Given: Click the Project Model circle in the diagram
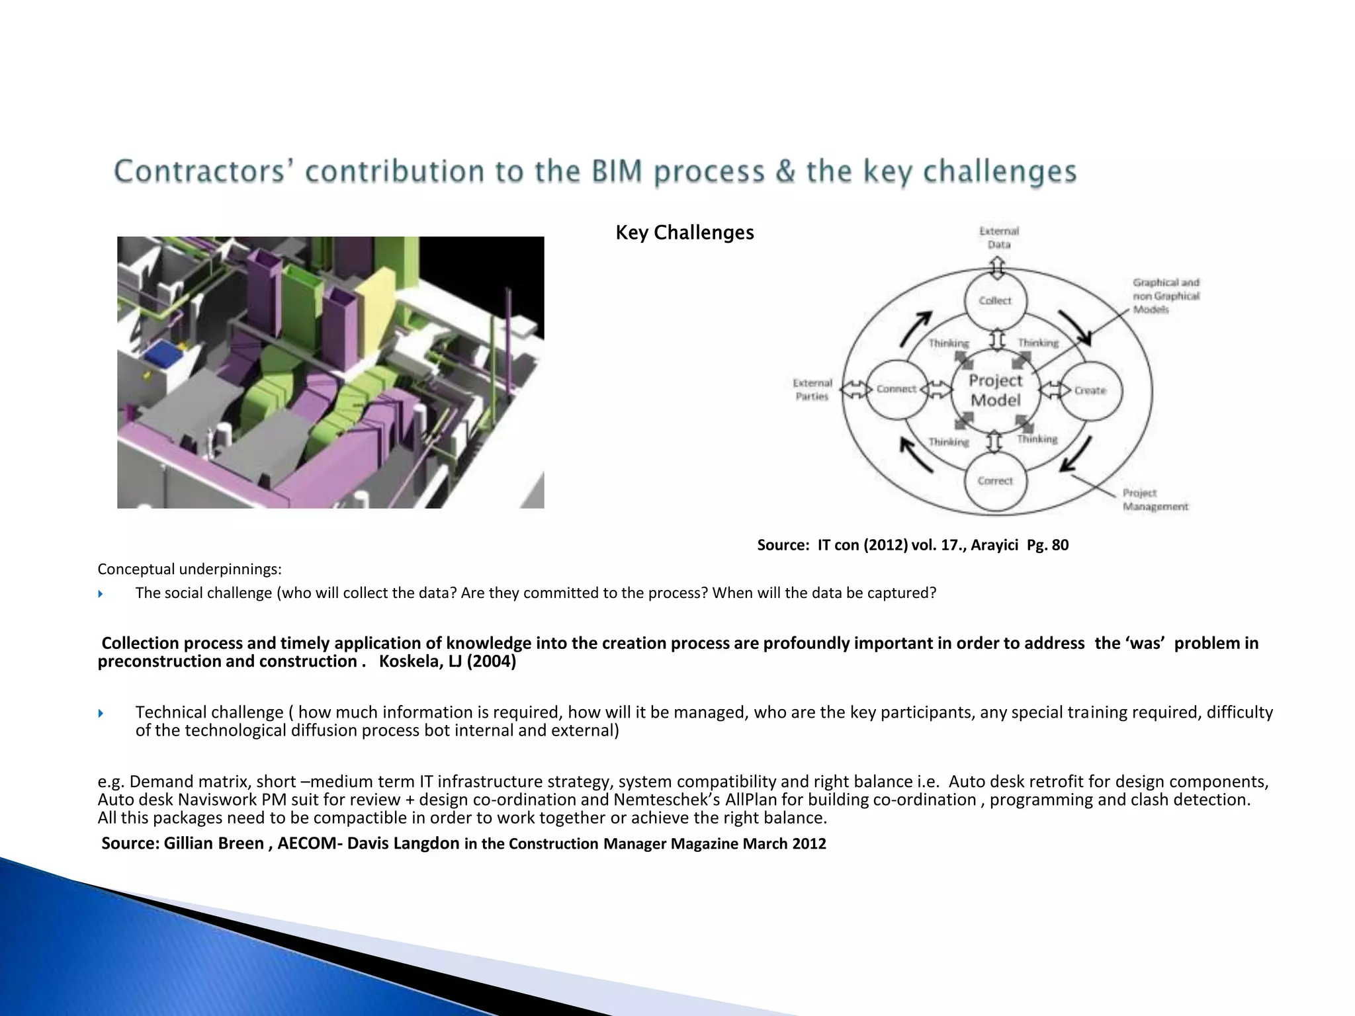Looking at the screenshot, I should click(995, 390).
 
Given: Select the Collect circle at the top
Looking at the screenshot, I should click(995, 300).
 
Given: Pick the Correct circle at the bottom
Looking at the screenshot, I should click(995, 481).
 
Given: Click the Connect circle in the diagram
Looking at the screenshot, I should click(896, 389).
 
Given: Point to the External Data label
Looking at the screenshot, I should click(999, 237).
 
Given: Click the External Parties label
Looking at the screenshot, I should click(812, 390).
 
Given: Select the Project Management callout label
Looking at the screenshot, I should click(1155, 499).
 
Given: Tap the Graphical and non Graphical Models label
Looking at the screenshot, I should click(1166, 296).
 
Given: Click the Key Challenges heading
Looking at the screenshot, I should click(684, 232).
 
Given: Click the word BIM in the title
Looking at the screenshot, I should click(617, 171).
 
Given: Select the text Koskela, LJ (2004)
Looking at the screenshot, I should click(447, 661).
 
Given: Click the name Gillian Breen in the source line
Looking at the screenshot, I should click(214, 843).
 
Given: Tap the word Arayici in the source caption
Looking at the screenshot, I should click(994, 545).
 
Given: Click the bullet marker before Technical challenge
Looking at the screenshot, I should click(101, 713).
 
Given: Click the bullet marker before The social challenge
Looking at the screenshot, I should click(101, 594).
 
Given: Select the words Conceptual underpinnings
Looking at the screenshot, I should click(189, 569).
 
